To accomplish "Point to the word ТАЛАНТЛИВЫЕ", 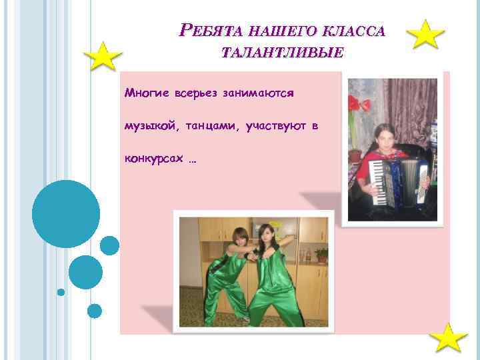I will [x=283, y=53].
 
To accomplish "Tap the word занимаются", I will [x=258, y=93].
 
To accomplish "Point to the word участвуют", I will [x=271, y=125].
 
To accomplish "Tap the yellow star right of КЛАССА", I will [x=425, y=35].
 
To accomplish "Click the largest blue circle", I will [x=66, y=214].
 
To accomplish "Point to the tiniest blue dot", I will [x=61, y=292].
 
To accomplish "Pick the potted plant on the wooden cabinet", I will [x=321, y=254].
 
